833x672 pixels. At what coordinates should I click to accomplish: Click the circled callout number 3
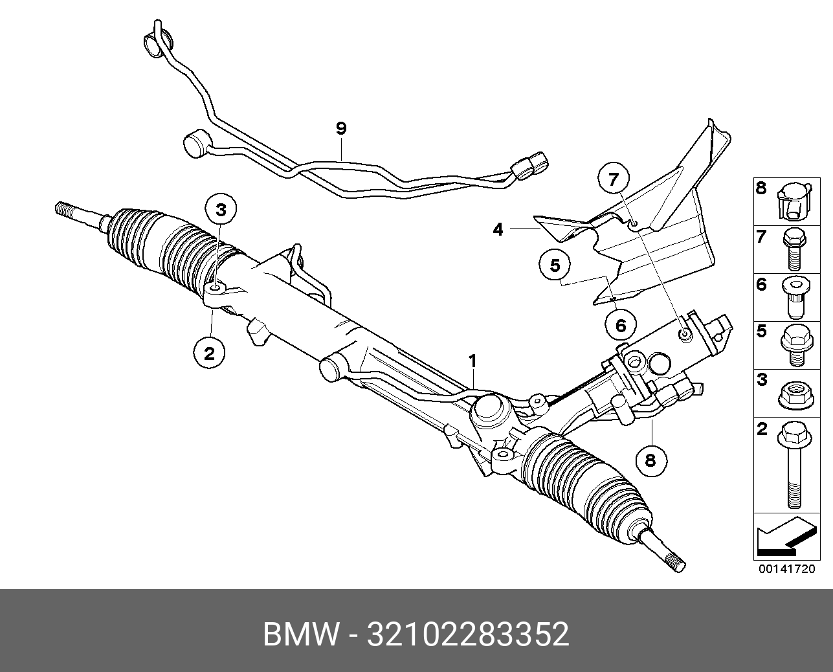[221, 210]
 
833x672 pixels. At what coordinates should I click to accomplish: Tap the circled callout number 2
[209, 353]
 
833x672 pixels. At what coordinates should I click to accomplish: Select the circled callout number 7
[613, 179]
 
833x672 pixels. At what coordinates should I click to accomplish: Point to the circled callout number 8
[650, 459]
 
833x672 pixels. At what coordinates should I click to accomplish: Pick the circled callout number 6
[621, 325]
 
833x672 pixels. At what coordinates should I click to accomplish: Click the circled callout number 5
[555, 265]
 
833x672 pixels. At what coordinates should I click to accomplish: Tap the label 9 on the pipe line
[341, 129]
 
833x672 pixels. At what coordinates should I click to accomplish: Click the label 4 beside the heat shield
[498, 229]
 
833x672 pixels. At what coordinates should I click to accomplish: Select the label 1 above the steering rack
[473, 361]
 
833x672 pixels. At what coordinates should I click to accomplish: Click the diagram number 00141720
[787, 569]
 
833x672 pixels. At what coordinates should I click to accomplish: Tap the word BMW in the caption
[300, 634]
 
